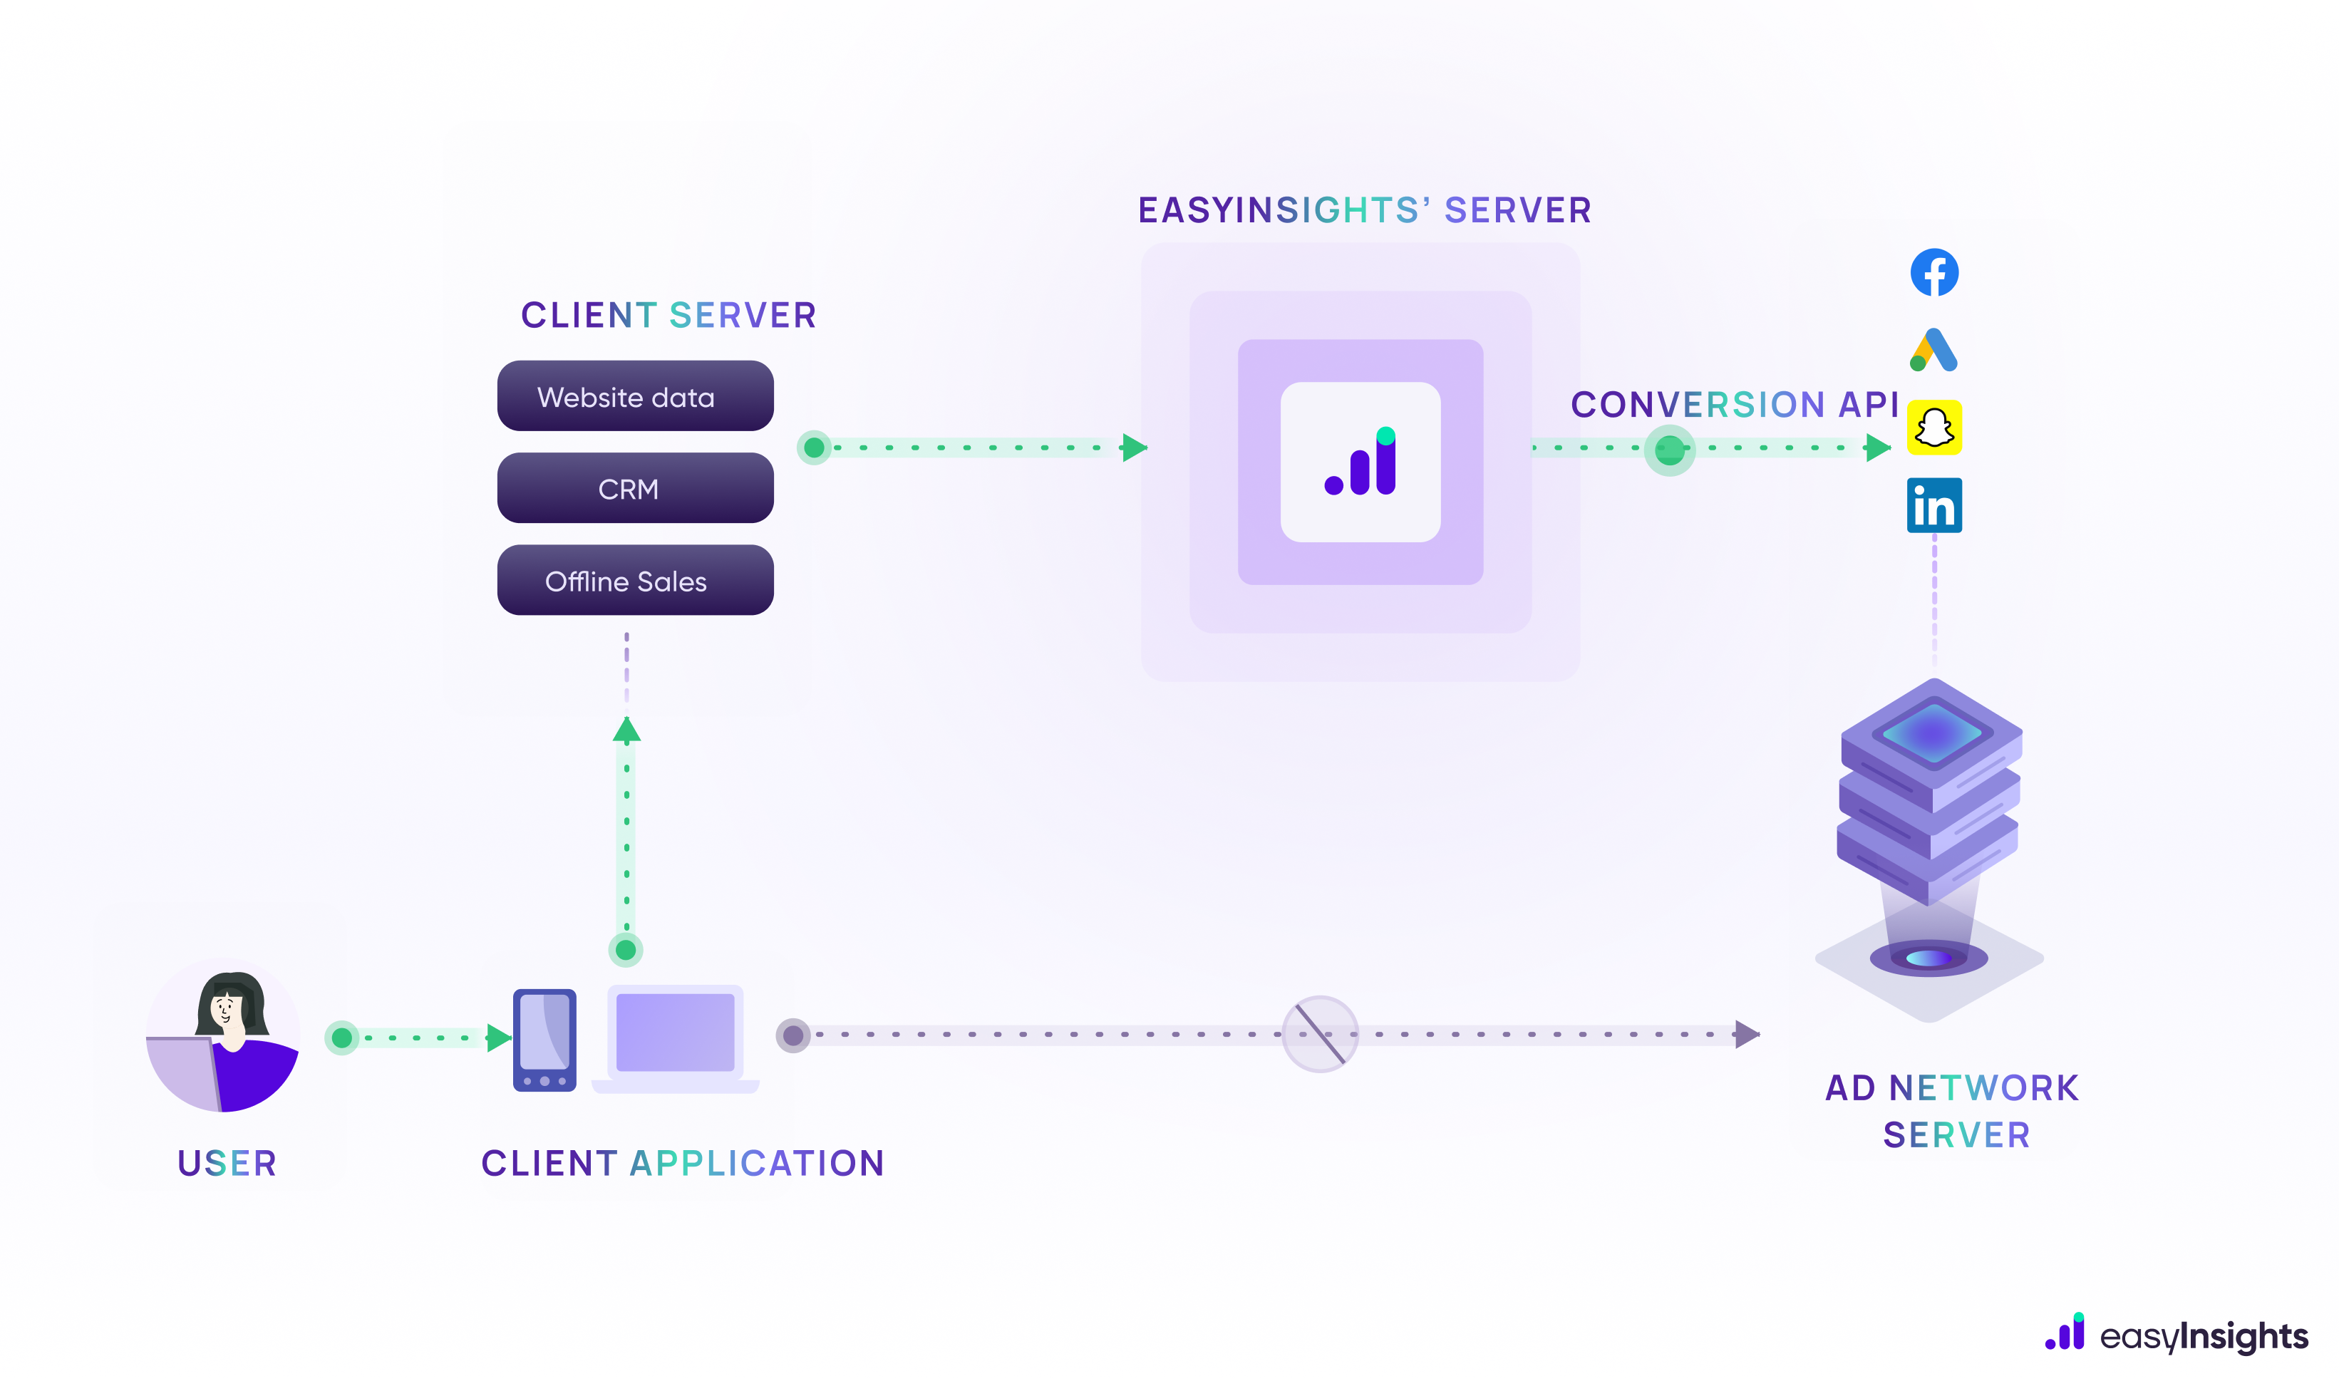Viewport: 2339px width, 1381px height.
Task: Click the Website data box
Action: click(635, 396)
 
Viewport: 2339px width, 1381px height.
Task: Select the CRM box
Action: click(635, 489)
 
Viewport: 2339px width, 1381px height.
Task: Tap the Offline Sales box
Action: click(635, 581)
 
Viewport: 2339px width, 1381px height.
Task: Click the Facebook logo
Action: click(1933, 273)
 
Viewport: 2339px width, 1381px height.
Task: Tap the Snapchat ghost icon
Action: click(1933, 428)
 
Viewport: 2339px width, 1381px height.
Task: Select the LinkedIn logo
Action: click(1933, 505)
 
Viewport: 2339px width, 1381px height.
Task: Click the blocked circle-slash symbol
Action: click(1319, 1034)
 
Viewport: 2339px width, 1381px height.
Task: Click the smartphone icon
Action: click(544, 1040)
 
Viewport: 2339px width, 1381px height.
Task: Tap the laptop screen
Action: click(675, 1032)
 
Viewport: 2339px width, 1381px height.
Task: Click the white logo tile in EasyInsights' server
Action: click(1360, 462)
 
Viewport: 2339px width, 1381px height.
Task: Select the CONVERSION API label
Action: click(1734, 405)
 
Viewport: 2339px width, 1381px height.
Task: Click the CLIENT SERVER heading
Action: click(668, 316)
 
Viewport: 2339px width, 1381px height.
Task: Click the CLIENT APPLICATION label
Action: click(682, 1163)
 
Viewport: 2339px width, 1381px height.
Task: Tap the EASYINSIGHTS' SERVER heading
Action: click(1365, 211)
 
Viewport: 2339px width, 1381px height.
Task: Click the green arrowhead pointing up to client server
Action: click(626, 730)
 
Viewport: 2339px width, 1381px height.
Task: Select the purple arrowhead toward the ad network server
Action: click(1746, 1034)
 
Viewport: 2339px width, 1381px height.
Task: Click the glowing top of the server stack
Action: click(1932, 733)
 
